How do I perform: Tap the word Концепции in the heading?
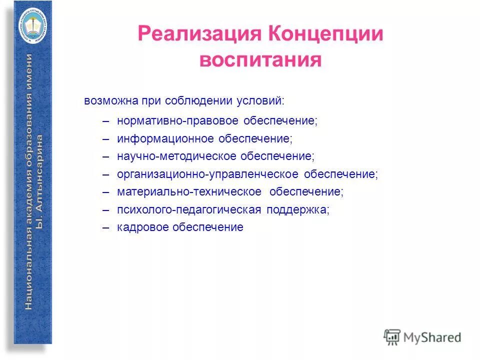pos(326,35)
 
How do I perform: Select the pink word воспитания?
pos(260,60)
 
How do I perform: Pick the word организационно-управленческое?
pos(207,174)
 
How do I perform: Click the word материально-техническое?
pos(189,192)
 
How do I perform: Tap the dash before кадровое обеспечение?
pos(105,227)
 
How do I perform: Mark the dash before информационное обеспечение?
pos(105,138)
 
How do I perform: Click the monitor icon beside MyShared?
pos(392,337)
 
